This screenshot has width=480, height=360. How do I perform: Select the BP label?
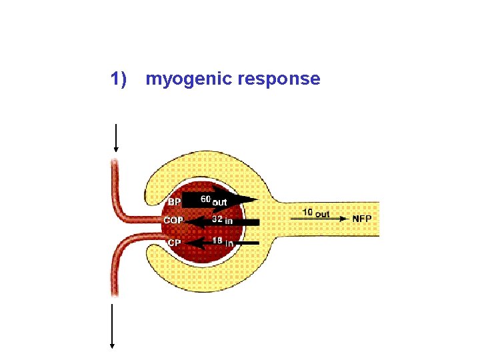[174, 202]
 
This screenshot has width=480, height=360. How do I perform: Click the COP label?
[173, 221]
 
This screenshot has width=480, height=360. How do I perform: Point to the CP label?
[174, 243]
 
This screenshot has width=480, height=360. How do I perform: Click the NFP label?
[363, 219]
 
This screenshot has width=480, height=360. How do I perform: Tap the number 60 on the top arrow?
[206, 199]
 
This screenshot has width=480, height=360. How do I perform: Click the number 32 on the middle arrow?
[217, 219]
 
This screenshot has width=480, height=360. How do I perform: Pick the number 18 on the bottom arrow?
[217, 241]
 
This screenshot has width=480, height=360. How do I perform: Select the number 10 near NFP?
[307, 213]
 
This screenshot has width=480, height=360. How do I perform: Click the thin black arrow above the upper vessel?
[116, 138]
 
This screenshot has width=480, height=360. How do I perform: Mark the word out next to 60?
[220, 201]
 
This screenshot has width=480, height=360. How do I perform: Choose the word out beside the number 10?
[322, 213]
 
